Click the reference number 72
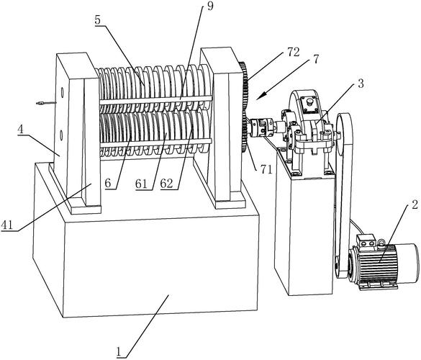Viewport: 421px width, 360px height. tap(293, 52)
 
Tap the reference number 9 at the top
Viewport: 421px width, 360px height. tap(210, 6)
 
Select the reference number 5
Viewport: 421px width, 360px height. tap(97, 19)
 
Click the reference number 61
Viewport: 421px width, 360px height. tap(141, 184)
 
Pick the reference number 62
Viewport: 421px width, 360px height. tap(166, 184)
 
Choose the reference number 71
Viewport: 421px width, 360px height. tap(266, 169)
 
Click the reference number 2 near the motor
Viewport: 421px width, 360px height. tap(415, 205)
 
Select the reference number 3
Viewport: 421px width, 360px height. tap(361, 84)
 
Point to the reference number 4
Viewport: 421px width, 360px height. tap(21, 129)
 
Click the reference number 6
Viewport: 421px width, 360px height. tap(108, 183)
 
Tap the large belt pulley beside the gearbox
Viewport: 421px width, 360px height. tap(344, 135)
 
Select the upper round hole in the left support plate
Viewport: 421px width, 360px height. tap(62, 92)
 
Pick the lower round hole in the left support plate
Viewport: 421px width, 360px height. tap(61, 135)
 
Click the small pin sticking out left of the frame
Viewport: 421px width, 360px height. tap(45, 103)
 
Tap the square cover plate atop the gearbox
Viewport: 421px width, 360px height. tap(309, 104)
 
